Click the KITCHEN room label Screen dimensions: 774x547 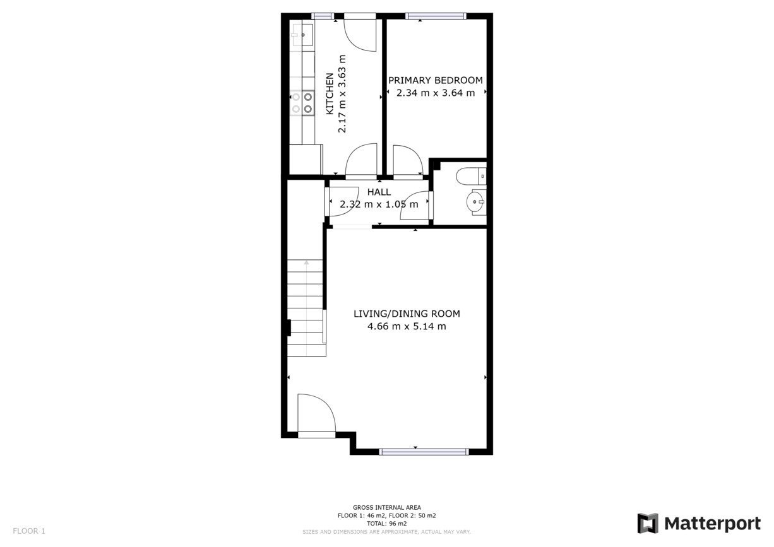[330, 93]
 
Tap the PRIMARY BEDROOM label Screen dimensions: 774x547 [436, 81]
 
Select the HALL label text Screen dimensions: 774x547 [379, 192]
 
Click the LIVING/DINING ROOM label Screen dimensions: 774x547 [407, 314]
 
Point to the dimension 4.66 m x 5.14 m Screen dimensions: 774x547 [407, 326]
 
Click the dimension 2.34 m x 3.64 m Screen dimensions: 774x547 [436, 93]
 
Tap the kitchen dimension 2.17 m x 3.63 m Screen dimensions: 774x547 [342, 93]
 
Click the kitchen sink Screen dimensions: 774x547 [302, 35]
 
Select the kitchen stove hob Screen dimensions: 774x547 [302, 103]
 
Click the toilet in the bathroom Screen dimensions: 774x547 [471, 177]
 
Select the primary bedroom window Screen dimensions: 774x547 [436, 16]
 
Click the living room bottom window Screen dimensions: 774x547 [424, 452]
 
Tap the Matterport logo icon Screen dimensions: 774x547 [648, 524]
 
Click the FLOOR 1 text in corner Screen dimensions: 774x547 [29, 531]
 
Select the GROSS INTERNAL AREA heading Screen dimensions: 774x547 [386, 508]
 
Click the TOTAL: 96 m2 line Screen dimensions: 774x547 [386, 524]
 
